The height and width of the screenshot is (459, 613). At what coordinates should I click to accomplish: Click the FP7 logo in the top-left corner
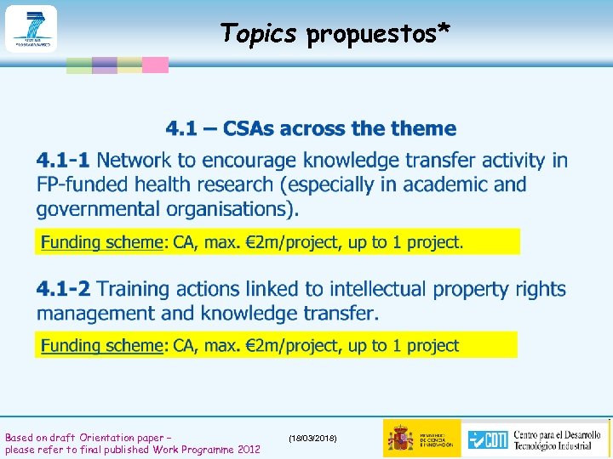click(x=31, y=28)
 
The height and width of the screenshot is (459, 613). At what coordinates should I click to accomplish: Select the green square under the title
click(x=79, y=65)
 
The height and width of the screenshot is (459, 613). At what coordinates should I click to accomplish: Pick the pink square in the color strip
click(x=155, y=65)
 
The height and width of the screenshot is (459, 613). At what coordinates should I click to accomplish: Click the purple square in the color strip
click(x=105, y=65)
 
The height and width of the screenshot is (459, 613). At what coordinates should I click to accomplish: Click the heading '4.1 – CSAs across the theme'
click(x=311, y=129)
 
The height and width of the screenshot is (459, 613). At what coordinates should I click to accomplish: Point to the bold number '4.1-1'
click(x=64, y=160)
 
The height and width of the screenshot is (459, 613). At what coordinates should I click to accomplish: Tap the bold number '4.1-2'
click(x=66, y=290)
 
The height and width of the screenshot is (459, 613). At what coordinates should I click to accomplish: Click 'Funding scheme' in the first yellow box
click(x=101, y=242)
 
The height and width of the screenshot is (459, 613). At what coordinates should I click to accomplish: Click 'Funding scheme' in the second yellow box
click(x=101, y=345)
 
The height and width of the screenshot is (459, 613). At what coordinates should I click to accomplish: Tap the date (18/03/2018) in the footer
click(x=312, y=437)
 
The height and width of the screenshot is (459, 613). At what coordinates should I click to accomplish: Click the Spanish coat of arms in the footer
click(x=400, y=438)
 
